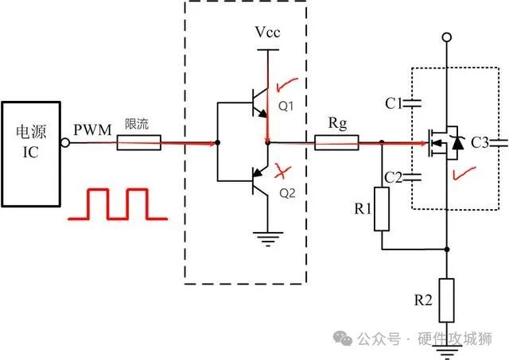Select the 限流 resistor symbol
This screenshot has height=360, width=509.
click(x=139, y=144)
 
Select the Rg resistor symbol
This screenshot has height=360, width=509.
click(x=336, y=144)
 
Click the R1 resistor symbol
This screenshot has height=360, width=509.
click(x=382, y=209)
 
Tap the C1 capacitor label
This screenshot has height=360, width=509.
click(x=392, y=103)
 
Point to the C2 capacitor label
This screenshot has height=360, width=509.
click(x=392, y=176)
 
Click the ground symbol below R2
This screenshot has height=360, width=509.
click(x=447, y=338)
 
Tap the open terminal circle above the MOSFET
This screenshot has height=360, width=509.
click(x=447, y=37)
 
